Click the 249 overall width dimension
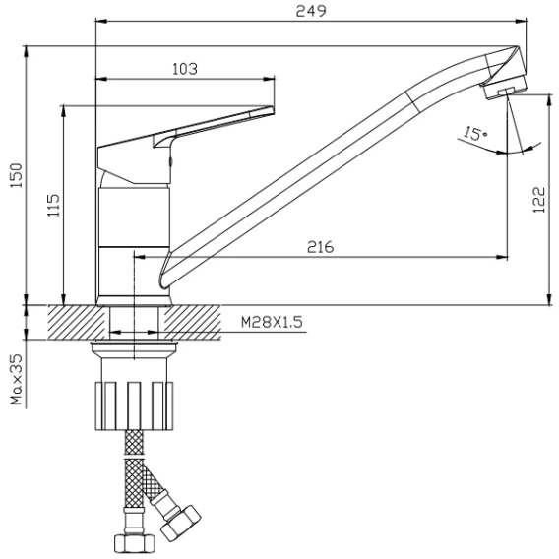(311, 11)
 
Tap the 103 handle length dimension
(185, 69)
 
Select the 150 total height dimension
(16, 175)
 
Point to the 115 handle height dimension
(53, 205)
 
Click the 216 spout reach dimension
(321, 247)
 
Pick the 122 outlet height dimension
(539, 200)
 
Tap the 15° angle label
(475, 133)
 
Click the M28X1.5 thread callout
(272, 322)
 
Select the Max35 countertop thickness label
(17, 379)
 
